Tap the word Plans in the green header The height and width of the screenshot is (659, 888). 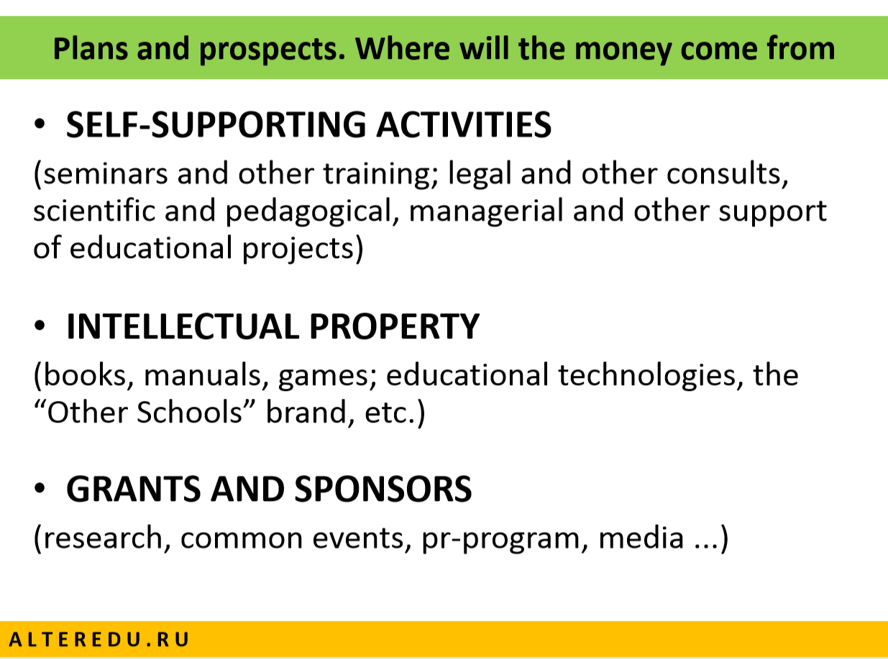[x=91, y=48]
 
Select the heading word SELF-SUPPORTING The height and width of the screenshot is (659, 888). [x=216, y=124]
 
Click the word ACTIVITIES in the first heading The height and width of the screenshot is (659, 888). [x=464, y=124]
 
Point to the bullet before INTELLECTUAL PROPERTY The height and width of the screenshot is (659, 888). [x=40, y=325]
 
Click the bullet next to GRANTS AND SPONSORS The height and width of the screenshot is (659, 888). [x=40, y=488]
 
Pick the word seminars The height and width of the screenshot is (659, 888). [x=106, y=174]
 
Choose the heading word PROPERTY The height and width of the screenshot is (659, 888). [x=394, y=326]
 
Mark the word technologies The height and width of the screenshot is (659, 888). [x=646, y=376]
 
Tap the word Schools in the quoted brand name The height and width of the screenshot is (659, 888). [x=190, y=413]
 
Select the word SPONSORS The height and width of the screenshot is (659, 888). [x=383, y=489]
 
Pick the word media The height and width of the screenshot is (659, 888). [x=641, y=538]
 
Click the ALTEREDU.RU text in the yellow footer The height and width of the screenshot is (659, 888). [x=99, y=640]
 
